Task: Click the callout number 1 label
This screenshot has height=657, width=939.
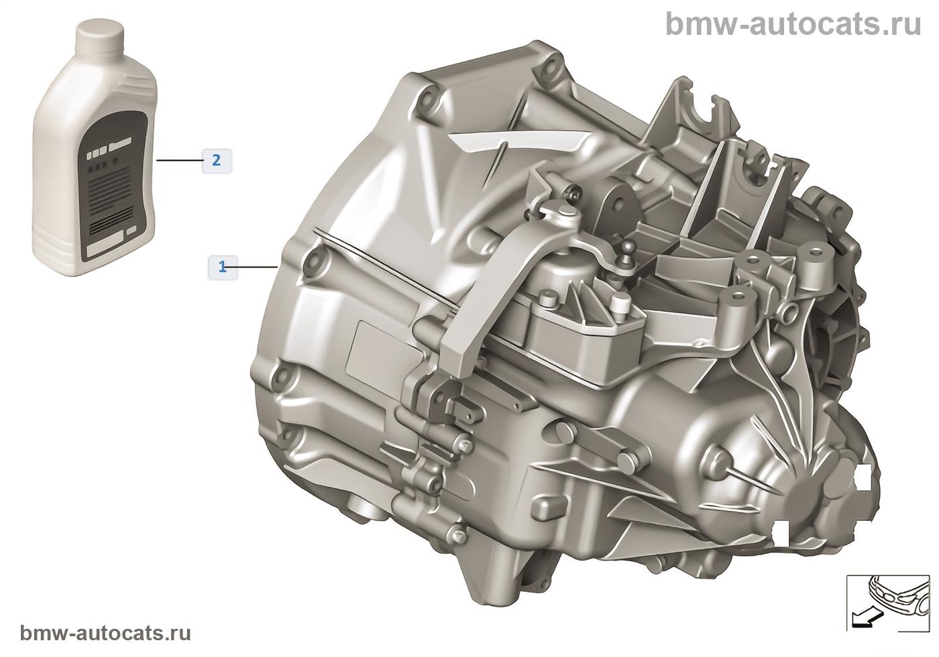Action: [223, 267]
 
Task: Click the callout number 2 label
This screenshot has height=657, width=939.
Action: [216, 161]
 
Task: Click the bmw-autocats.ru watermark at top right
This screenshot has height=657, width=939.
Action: [793, 24]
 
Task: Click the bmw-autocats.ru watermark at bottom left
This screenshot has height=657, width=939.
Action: [105, 633]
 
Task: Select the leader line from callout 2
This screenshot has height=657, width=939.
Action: [179, 160]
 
